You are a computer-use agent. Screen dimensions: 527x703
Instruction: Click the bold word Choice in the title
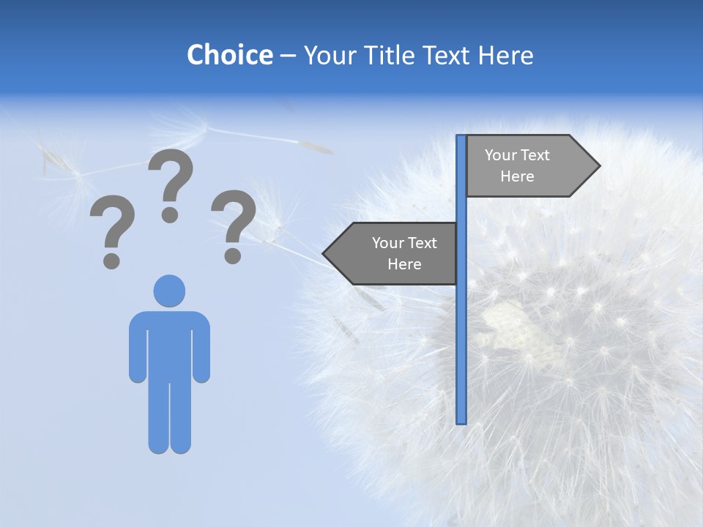[229, 55]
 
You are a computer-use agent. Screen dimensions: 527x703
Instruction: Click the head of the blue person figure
[169, 291]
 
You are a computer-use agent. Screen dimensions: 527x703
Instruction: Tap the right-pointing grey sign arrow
[527, 166]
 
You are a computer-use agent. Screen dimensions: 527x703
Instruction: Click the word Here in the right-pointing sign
[517, 176]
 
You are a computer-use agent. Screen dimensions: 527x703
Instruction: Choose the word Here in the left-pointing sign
[404, 264]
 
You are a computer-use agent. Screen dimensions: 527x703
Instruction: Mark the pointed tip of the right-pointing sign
[598, 166]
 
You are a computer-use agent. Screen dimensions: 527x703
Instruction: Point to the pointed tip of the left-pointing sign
[324, 253]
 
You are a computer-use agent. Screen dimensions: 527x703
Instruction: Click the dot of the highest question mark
[170, 214]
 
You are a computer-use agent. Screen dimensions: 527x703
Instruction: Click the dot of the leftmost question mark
[111, 260]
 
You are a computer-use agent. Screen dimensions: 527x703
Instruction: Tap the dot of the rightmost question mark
[233, 255]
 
